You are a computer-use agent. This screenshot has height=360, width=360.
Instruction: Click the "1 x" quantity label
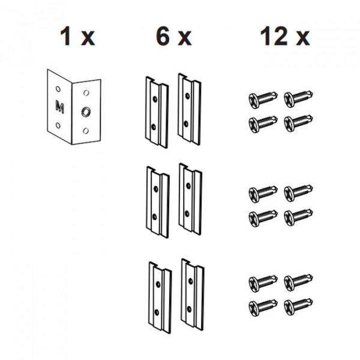click(x=77, y=36)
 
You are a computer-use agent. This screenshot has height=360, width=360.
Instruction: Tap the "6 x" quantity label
click(x=174, y=36)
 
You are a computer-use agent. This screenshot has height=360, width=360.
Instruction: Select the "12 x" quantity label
click(x=285, y=36)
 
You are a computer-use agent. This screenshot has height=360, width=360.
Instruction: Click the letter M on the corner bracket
click(x=59, y=107)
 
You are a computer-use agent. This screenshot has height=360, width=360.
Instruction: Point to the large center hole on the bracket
click(x=86, y=112)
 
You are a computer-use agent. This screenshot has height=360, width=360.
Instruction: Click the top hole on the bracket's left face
click(x=58, y=89)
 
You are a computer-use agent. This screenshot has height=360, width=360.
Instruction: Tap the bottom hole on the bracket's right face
click(x=86, y=131)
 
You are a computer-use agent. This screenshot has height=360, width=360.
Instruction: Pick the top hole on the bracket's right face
click(x=86, y=93)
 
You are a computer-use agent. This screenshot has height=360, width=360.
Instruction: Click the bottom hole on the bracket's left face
click(x=58, y=125)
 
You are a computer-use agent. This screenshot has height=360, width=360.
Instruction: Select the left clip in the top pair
click(x=157, y=112)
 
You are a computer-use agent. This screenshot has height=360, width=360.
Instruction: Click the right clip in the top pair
click(x=190, y=109)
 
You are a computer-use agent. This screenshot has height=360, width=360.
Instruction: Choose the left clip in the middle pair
click(x=158, y=202)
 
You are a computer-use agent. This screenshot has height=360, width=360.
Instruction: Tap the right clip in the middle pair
click(x=190, y=199)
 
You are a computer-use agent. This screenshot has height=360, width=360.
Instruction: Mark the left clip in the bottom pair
click(x=160, y=298)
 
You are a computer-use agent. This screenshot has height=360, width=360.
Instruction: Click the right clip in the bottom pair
click(x=193, y=295)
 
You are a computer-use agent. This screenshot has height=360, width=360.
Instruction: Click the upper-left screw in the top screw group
click(x=263, y=99)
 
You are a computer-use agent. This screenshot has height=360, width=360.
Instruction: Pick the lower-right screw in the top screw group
click(x=298, y=123)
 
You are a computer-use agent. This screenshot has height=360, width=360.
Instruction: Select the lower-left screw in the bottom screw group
click(x=263, y=307)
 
